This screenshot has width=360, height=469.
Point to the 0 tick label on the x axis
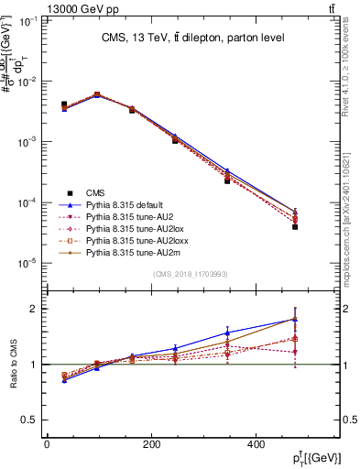pyautogui.click(x=47, y=445)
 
